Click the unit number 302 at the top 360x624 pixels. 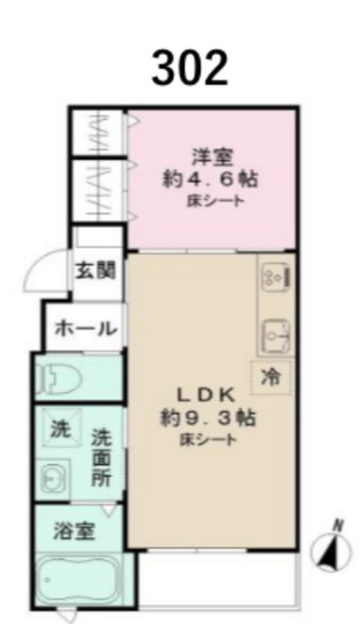[x=189, y=68]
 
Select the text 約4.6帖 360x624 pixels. [x=210, y=179]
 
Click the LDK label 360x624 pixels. [x=204, y=395]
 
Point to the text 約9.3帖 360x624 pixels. [x=208, y=418]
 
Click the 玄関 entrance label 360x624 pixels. [x=96, y=271]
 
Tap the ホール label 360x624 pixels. [x=86, y=330]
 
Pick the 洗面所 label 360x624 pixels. [x=101, y=457]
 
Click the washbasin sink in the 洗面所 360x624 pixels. [x=53, y=479]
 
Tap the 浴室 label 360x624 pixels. [x=74, y=531]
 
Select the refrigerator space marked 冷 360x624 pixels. [x=272, y=376]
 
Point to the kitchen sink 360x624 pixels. [x=276, y=335]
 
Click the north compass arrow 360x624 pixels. [x=330, y=550]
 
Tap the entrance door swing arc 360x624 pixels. [x=37, y=265]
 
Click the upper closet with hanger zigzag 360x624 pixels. [x=96, y=133]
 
